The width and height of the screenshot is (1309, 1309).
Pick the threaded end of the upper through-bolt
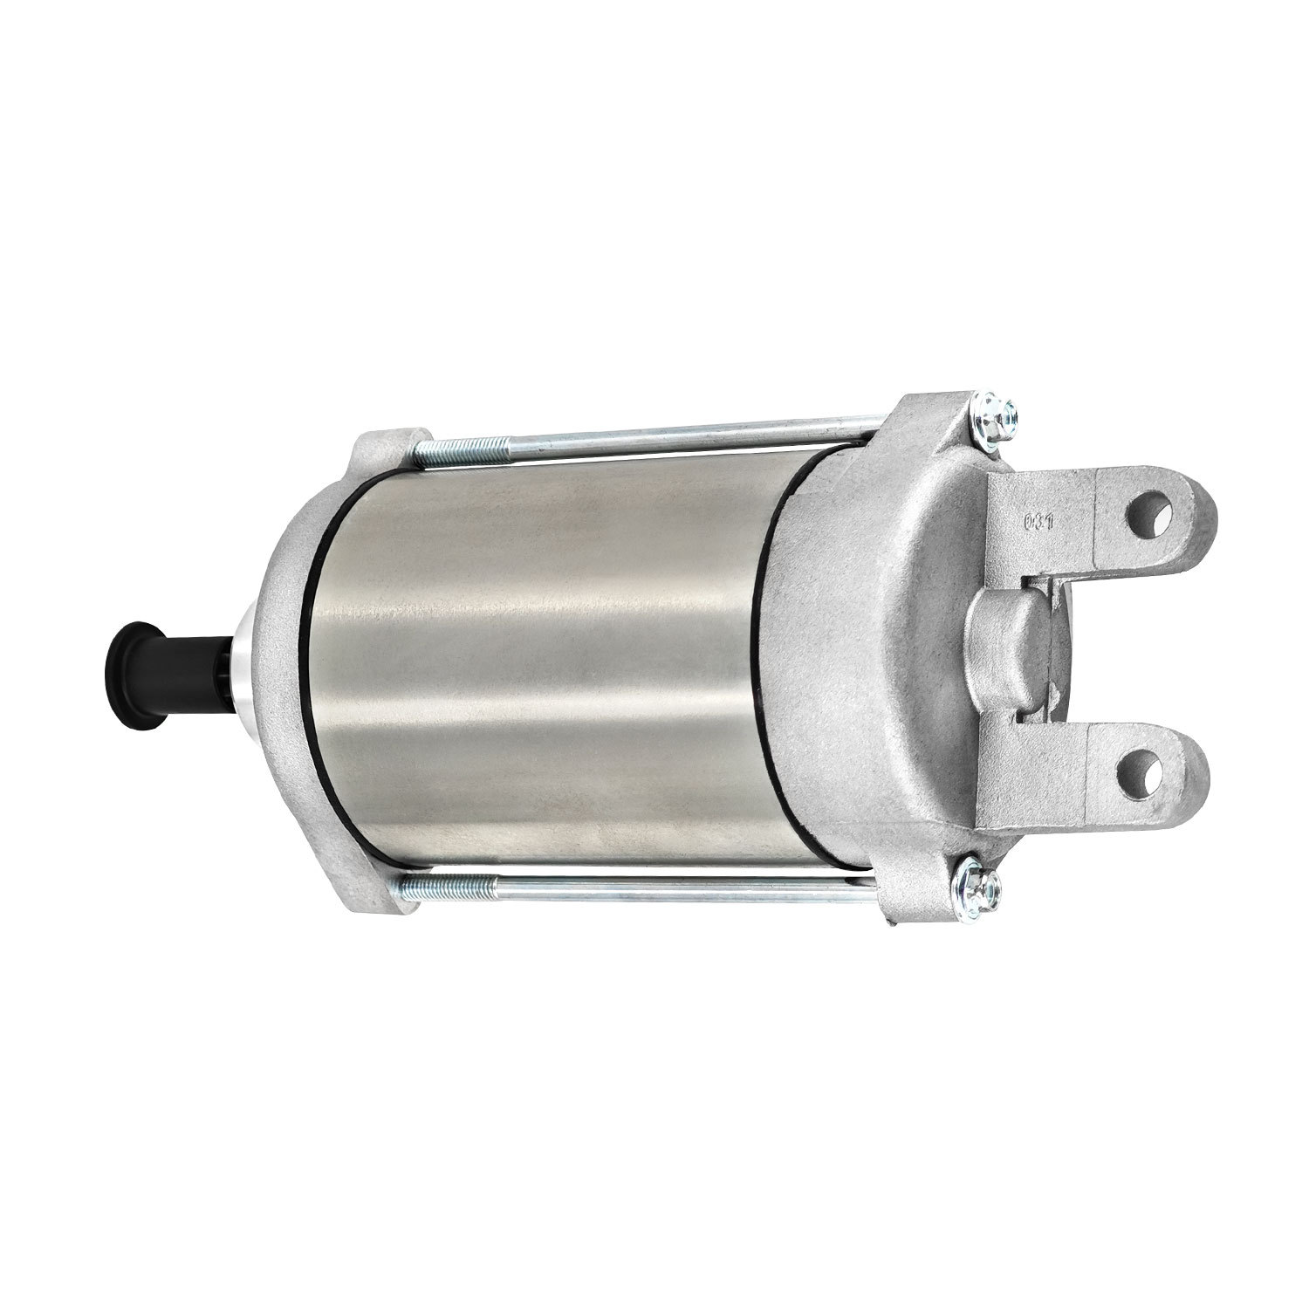[x=453, y=449]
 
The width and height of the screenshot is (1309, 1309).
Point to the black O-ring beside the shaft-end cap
[x=309, y=663]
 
